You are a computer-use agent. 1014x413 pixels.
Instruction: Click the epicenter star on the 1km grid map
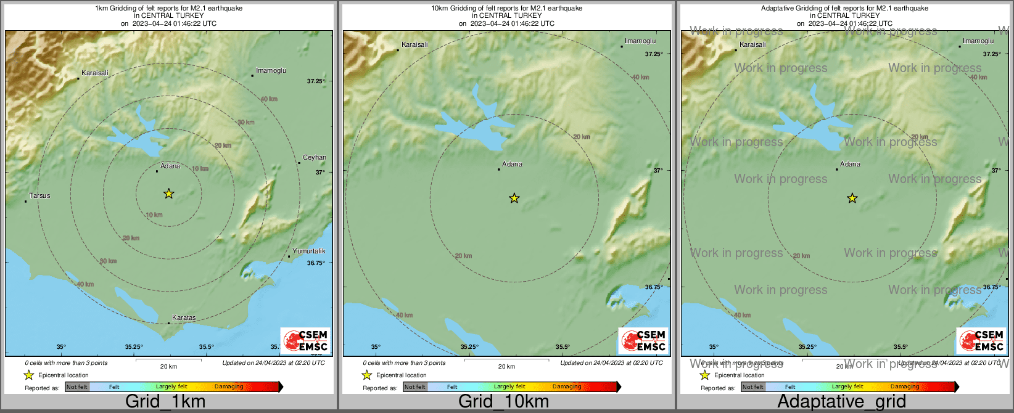168,194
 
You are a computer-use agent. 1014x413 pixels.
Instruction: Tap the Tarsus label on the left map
39,196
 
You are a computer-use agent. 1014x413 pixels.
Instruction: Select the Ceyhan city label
315,158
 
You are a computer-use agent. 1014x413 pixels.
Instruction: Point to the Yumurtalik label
309,251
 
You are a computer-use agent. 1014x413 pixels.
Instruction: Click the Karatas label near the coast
184,318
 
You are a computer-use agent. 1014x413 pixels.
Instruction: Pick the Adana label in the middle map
512,165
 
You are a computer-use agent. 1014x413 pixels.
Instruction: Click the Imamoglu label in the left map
271,71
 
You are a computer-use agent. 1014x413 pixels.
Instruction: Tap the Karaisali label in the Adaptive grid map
752,45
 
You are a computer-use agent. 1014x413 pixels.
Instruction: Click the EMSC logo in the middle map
643,341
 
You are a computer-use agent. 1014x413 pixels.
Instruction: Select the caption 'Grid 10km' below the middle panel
503,402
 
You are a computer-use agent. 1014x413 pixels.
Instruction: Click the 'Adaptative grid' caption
841,402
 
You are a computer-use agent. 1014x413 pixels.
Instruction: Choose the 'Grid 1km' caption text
165,402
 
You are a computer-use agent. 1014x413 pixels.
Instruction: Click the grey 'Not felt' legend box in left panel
77,387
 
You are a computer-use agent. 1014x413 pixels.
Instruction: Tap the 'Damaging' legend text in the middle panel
567,387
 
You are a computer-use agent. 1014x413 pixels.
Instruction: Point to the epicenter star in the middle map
514,198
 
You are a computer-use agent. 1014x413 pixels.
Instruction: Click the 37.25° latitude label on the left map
316,81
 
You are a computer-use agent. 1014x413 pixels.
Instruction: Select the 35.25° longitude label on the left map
134,347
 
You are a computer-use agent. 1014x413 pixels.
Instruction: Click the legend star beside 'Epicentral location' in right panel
704,375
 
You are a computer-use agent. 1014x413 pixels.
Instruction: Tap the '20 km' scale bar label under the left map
168,367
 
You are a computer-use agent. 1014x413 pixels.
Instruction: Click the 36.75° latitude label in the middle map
654,287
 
